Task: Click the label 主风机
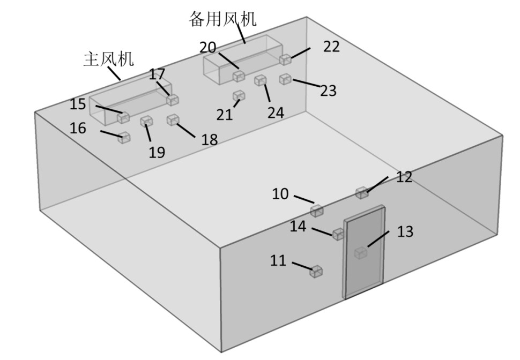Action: click(x=108, y=59)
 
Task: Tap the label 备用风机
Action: click(x=222, y=19)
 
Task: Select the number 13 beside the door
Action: click(x=405, y=231)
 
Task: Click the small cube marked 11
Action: click(x=317, y=272)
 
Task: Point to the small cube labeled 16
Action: click(x=124, y=138)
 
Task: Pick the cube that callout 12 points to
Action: click(x=362, y=193)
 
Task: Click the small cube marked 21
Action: click(x=239, y=96)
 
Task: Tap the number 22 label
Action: click(x=331, y=47)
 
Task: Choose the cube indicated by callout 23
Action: click(x=285, y=79)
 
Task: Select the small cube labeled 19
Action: click(x=146, y=122)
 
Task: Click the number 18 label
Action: click(x=210, y=140)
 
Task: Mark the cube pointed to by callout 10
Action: click(x=317, y=211)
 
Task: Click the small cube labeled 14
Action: click(x=338, y=234)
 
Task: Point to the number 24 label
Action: click(x=276, y=112)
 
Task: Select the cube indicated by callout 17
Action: click(x=172, y=100)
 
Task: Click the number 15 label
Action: click(x=78, y=104)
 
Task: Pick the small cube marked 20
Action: click(x=239, y=77)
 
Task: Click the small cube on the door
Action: click(x=361, y=252)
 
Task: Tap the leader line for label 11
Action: click(x=303, y=266)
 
